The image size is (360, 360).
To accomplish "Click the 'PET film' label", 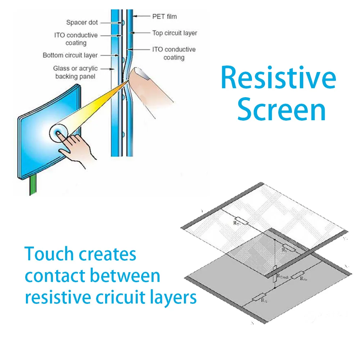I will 165,17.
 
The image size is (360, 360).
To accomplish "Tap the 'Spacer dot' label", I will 82,23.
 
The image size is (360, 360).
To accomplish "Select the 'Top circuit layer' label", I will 175,33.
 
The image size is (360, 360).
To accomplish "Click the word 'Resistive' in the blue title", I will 278,78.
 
